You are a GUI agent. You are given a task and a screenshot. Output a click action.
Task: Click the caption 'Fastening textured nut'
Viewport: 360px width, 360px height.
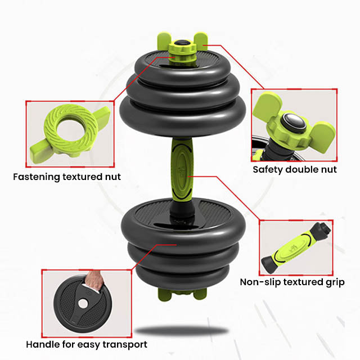click(x=67, y=177)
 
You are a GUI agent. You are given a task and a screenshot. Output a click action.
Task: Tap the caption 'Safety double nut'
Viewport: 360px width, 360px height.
click(x=295, y=170)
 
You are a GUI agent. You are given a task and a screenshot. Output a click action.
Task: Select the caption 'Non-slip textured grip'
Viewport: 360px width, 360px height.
click(x=292, y=282)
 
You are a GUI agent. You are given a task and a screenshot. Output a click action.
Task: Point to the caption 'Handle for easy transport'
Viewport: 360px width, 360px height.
click(x=87, y=345)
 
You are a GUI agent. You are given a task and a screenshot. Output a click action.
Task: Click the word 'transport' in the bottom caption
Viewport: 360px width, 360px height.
click(x=125, y=345)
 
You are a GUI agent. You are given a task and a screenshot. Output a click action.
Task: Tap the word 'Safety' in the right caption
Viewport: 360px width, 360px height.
click(x=268, y=170)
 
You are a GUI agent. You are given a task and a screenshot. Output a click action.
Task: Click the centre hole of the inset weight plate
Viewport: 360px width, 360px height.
click(x=83, y=304)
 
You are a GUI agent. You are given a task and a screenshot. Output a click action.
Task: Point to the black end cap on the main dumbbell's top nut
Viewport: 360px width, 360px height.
click(x=182, y=43)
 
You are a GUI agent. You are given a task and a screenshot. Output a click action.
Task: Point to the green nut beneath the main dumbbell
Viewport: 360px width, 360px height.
click(x=182, y=294)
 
